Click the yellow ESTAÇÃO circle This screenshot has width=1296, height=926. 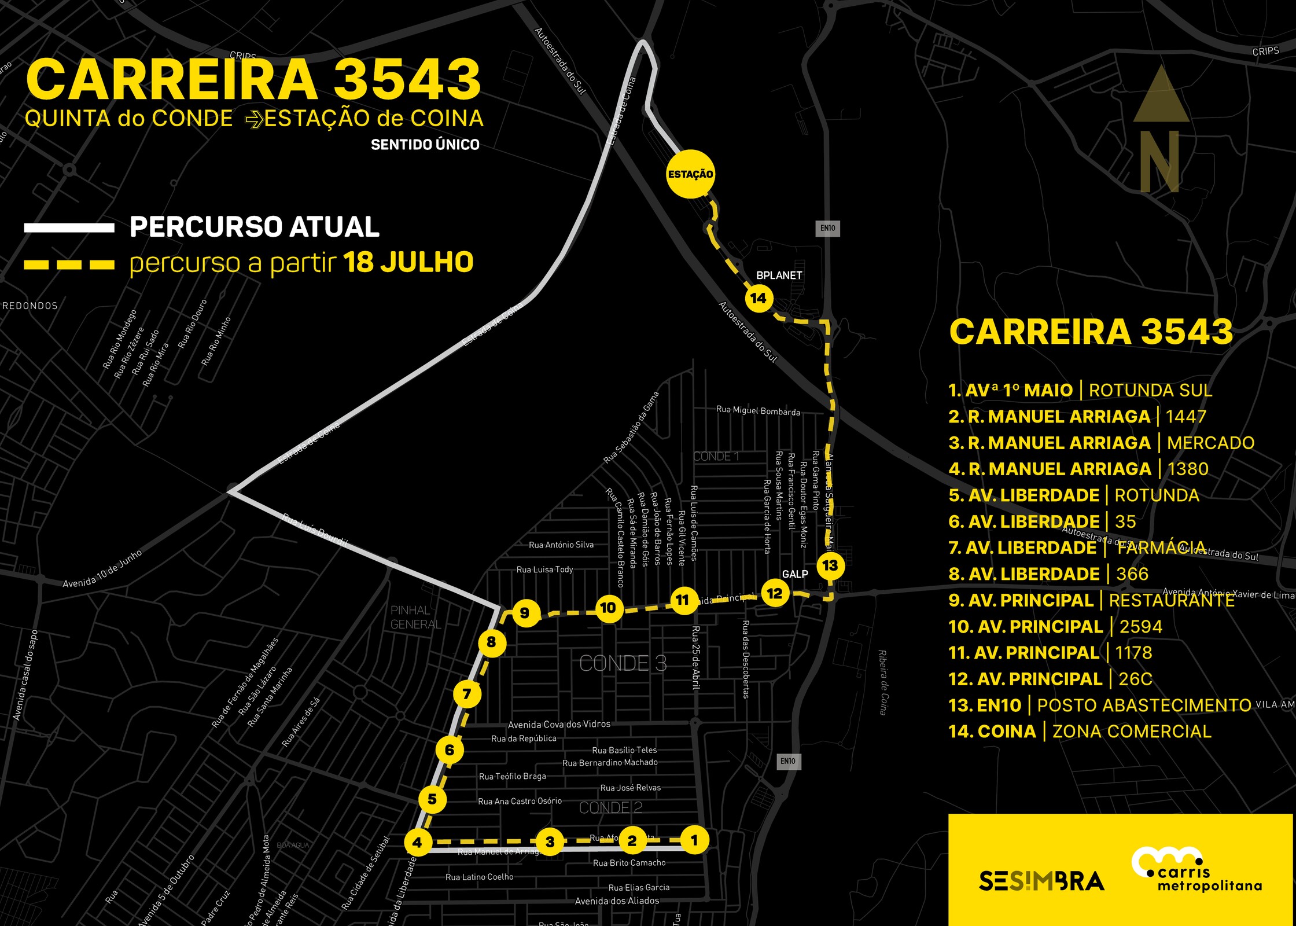690,174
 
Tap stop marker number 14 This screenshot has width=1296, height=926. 758,298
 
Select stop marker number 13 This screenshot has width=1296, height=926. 830,565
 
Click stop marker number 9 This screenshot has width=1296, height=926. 525,613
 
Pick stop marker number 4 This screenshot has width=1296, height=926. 417,842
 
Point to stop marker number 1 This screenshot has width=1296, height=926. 694,840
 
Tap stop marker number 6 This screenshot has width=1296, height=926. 450,750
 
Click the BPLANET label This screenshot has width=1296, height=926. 779,275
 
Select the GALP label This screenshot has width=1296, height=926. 795,574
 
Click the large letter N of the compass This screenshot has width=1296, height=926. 1159,162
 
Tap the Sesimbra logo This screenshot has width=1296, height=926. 1041,881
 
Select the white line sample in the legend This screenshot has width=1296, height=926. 69,227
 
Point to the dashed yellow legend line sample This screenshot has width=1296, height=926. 69,264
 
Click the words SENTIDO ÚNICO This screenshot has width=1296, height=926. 425,145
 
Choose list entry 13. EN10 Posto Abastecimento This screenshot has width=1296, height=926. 1099,705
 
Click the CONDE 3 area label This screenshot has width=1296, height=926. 623,663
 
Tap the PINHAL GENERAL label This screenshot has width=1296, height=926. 415,617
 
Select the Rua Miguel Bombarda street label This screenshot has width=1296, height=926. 758,411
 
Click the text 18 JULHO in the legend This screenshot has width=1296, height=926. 408,262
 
